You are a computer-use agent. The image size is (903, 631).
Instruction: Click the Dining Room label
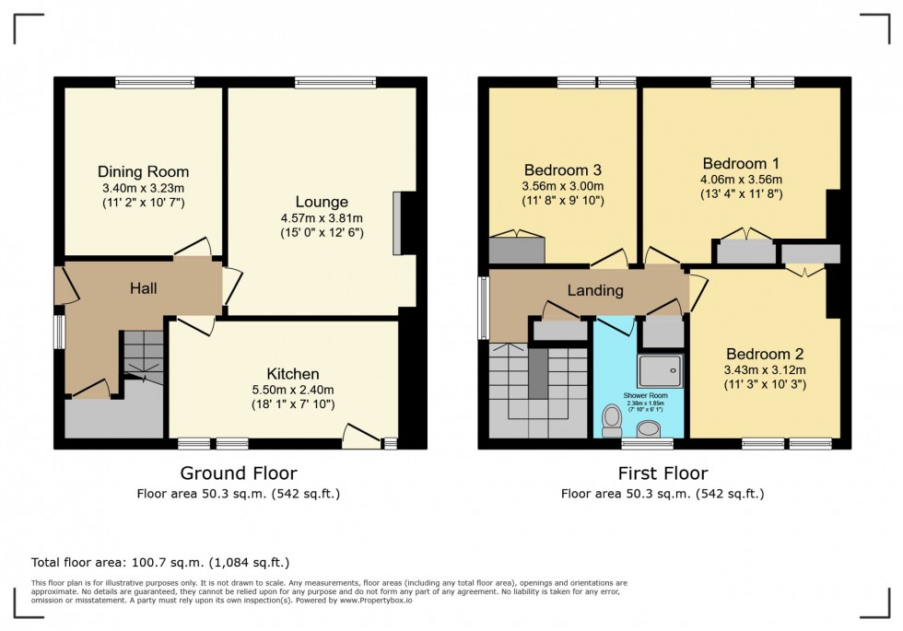coord(143,171)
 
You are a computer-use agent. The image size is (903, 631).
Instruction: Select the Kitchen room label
coord(293,373)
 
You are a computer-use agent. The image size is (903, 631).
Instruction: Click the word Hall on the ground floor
coord(143,288)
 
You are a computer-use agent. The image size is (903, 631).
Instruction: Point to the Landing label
coord(594,290)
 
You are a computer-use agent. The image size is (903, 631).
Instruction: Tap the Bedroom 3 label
coord(563,169)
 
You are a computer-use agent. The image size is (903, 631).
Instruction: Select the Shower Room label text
coord(639,395)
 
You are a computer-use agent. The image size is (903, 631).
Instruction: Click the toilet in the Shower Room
coord(610,420)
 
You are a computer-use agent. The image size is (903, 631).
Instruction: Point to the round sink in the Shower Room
coord(650,428)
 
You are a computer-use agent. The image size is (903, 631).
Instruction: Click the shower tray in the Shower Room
coord(663,369)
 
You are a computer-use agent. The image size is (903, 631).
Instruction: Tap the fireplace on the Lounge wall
coord(398,222)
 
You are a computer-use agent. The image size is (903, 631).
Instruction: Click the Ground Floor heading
coord(238,473)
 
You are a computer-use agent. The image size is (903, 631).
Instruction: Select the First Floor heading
coord(663,473)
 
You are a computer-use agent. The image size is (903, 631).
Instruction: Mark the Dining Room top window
coord(155,82)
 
